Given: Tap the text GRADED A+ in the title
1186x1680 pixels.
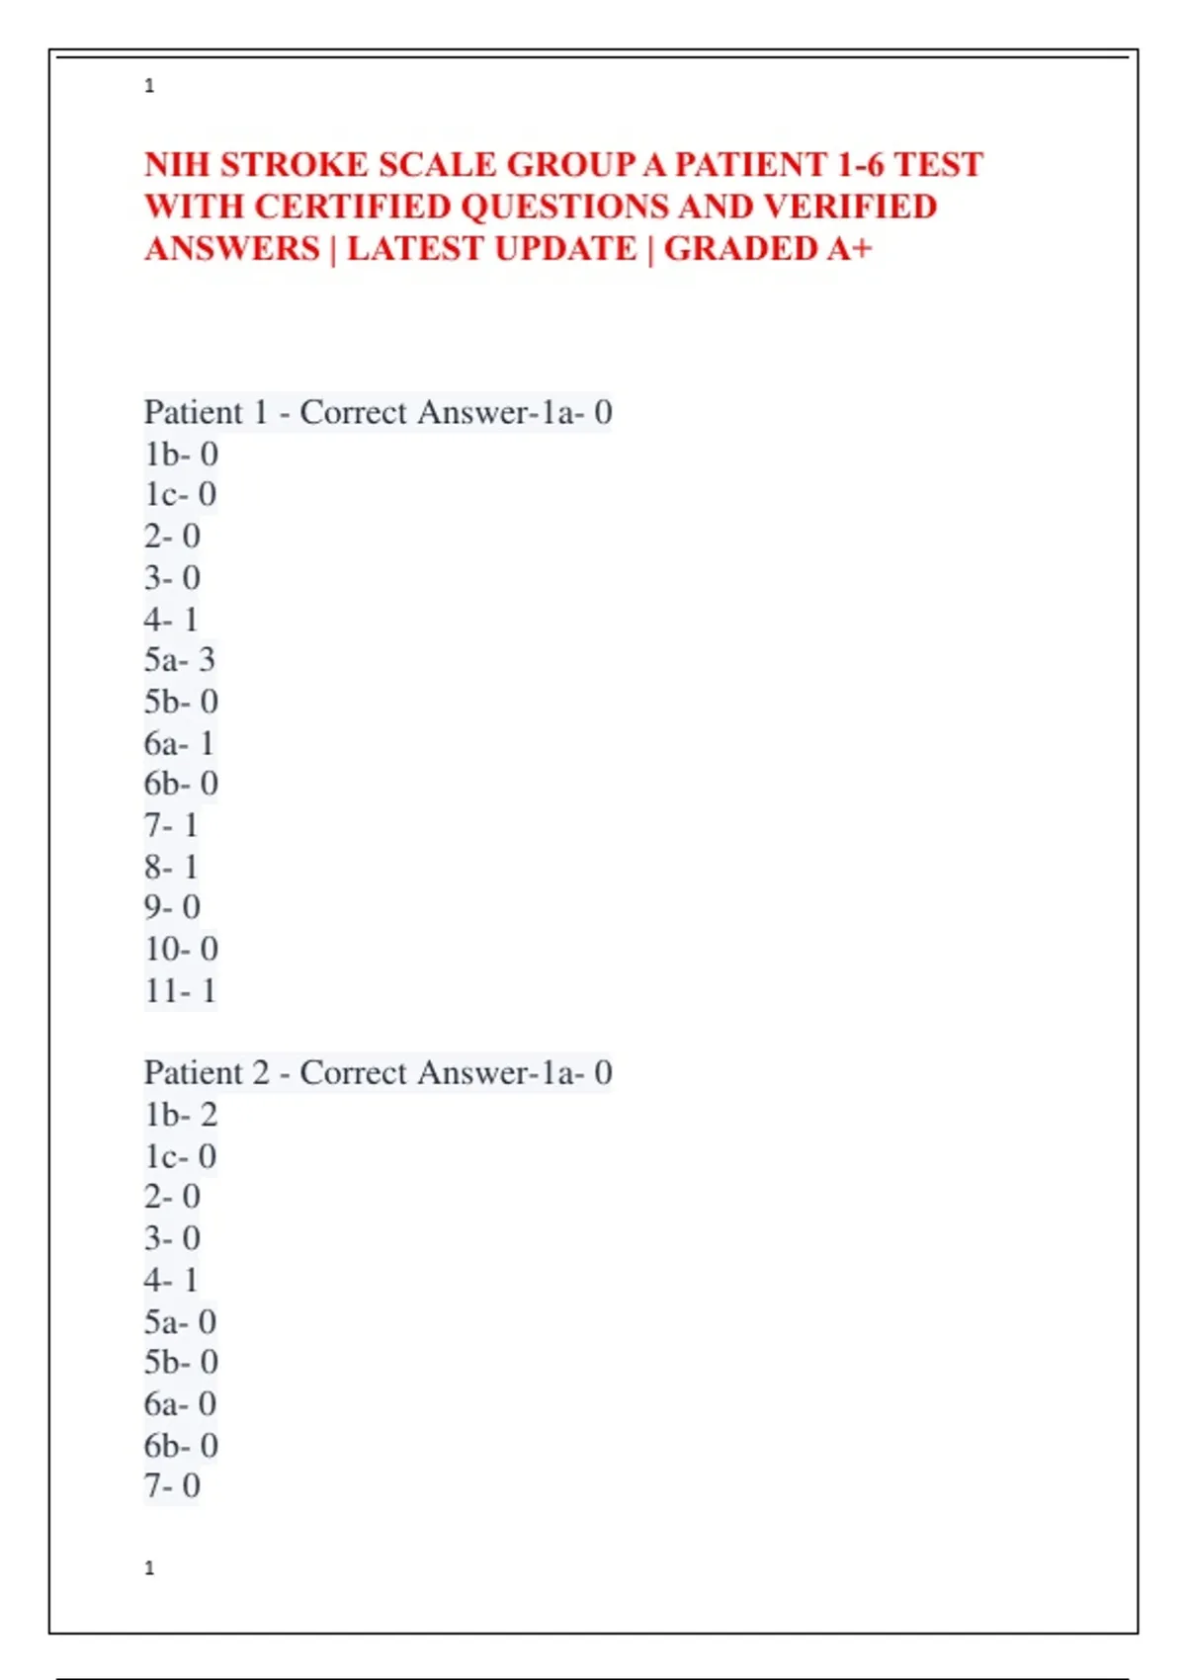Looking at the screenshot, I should tap(768, 248).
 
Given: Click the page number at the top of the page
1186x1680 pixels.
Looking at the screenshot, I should tap(149, 86).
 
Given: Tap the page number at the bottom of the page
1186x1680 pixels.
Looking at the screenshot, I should tap(149, 1567).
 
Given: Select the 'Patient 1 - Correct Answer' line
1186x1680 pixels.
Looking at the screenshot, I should tap(378, 412).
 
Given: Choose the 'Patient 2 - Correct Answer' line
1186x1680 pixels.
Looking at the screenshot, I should tap(378, 1072).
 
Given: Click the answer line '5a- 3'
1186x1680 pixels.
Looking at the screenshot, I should tap(180, 659).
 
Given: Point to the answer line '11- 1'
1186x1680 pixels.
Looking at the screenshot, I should tap(180, 990).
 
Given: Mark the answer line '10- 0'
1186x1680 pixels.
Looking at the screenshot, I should tap(181, 949).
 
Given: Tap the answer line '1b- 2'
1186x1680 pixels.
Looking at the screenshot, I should tap(181, 1114).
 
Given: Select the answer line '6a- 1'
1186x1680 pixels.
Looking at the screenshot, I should tap(179, 742).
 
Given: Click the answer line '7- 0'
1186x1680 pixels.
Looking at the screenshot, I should tap(172, 1485).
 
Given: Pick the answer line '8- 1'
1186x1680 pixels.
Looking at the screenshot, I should tap(171, 867).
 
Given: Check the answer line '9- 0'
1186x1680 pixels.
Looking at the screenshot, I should tap(172, 906).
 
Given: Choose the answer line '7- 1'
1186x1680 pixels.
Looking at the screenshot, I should tap(171, 824).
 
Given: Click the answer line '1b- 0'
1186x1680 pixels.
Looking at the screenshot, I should tap(181, 454).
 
